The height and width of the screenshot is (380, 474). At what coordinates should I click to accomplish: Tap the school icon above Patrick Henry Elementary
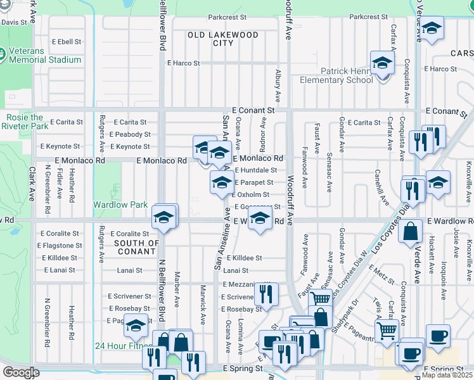[x=382, y=63]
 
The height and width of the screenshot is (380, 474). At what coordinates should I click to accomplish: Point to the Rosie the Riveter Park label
[x=26, y=122]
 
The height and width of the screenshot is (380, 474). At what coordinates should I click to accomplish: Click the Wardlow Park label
[x=120, y=205]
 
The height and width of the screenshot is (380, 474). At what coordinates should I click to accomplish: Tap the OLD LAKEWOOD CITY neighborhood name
[x=223, y=39]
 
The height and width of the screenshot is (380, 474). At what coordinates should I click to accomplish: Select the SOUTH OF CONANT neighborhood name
[x=136, y=247]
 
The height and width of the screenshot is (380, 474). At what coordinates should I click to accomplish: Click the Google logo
[x=21, y=372]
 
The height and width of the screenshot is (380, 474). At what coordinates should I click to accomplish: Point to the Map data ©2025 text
[x=447, y=375]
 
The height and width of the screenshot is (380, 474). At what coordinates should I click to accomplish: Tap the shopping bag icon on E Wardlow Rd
[x=411, y=232]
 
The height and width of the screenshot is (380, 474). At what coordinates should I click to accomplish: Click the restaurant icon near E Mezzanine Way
[x=266, y=294]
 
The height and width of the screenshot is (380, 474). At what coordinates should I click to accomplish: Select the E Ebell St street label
[x=66, y=42]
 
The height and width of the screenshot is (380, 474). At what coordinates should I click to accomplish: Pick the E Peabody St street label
[x=129, y=134]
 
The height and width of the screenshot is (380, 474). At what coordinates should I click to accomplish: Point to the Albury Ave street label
[x=278, y=87]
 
